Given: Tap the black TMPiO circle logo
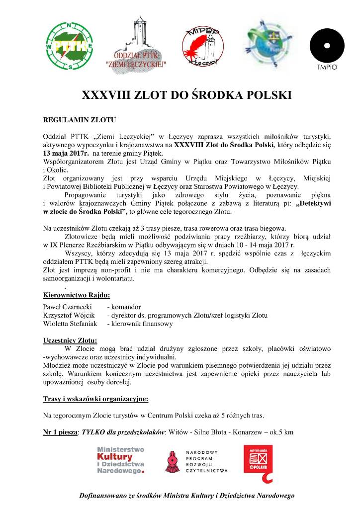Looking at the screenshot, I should [x=327, y=46].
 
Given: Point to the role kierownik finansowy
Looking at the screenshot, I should [x=142, y=324].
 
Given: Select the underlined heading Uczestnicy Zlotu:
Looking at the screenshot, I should [x=70, y=340].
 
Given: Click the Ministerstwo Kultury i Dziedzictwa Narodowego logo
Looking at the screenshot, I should [x=121, y=459].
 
